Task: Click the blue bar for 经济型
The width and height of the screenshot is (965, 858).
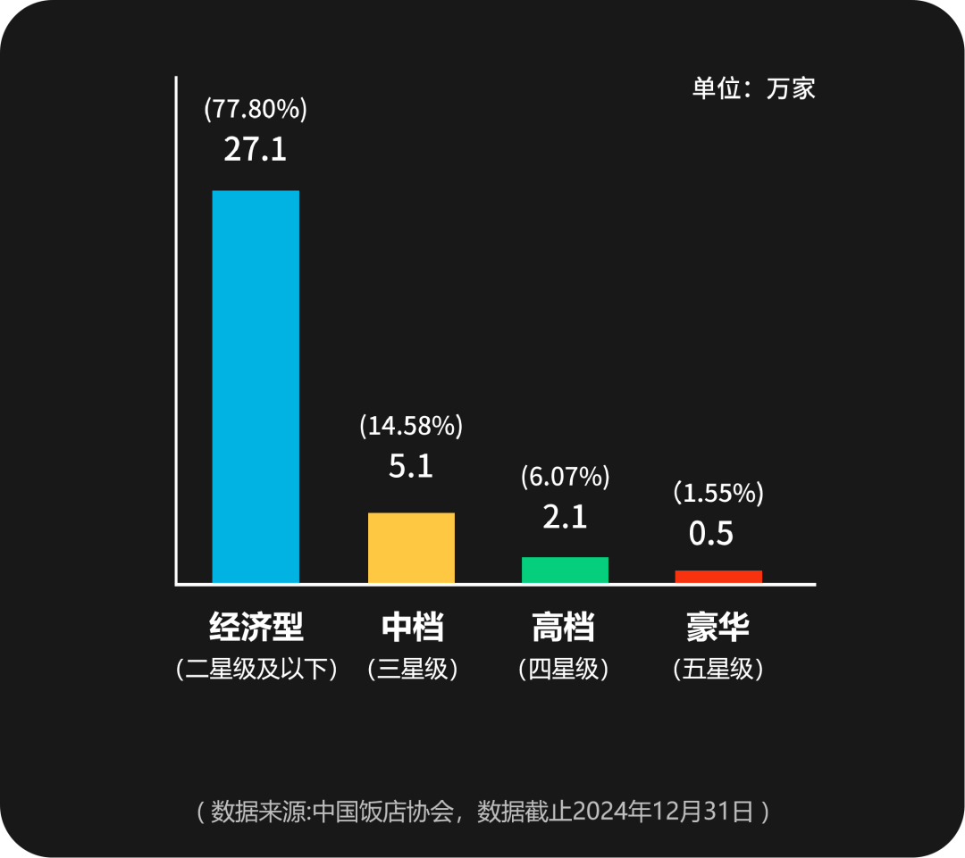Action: coord(256,387)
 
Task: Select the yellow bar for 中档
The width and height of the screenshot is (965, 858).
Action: coord(411,547)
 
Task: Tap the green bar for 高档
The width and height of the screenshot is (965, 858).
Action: coord(565,570)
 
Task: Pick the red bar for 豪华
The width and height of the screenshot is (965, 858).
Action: coord(718,577)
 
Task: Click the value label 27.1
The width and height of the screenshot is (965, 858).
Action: coord(256,149)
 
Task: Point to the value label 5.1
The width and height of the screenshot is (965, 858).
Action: coord(411,466)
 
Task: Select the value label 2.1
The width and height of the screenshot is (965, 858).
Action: coord(565,517)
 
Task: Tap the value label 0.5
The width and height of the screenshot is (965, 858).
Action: coord(711,533)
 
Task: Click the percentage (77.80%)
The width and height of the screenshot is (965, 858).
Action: coord(256,109)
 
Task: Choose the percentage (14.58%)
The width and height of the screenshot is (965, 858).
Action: coord(411,426)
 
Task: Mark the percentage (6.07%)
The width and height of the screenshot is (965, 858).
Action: coord(565,477)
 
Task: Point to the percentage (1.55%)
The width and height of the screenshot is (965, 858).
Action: coord(717,492)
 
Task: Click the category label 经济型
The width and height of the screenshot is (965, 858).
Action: coord(256,627)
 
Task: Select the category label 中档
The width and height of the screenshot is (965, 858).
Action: coord(412,627)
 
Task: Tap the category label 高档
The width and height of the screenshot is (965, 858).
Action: coord(564,627)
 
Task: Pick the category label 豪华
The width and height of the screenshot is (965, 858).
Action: coord(717,627)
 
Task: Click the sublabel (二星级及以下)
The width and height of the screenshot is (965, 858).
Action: coord(257,669)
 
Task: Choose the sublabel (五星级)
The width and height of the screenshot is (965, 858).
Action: coord(717,669)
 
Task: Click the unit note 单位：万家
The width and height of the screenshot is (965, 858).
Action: coord(753,88)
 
